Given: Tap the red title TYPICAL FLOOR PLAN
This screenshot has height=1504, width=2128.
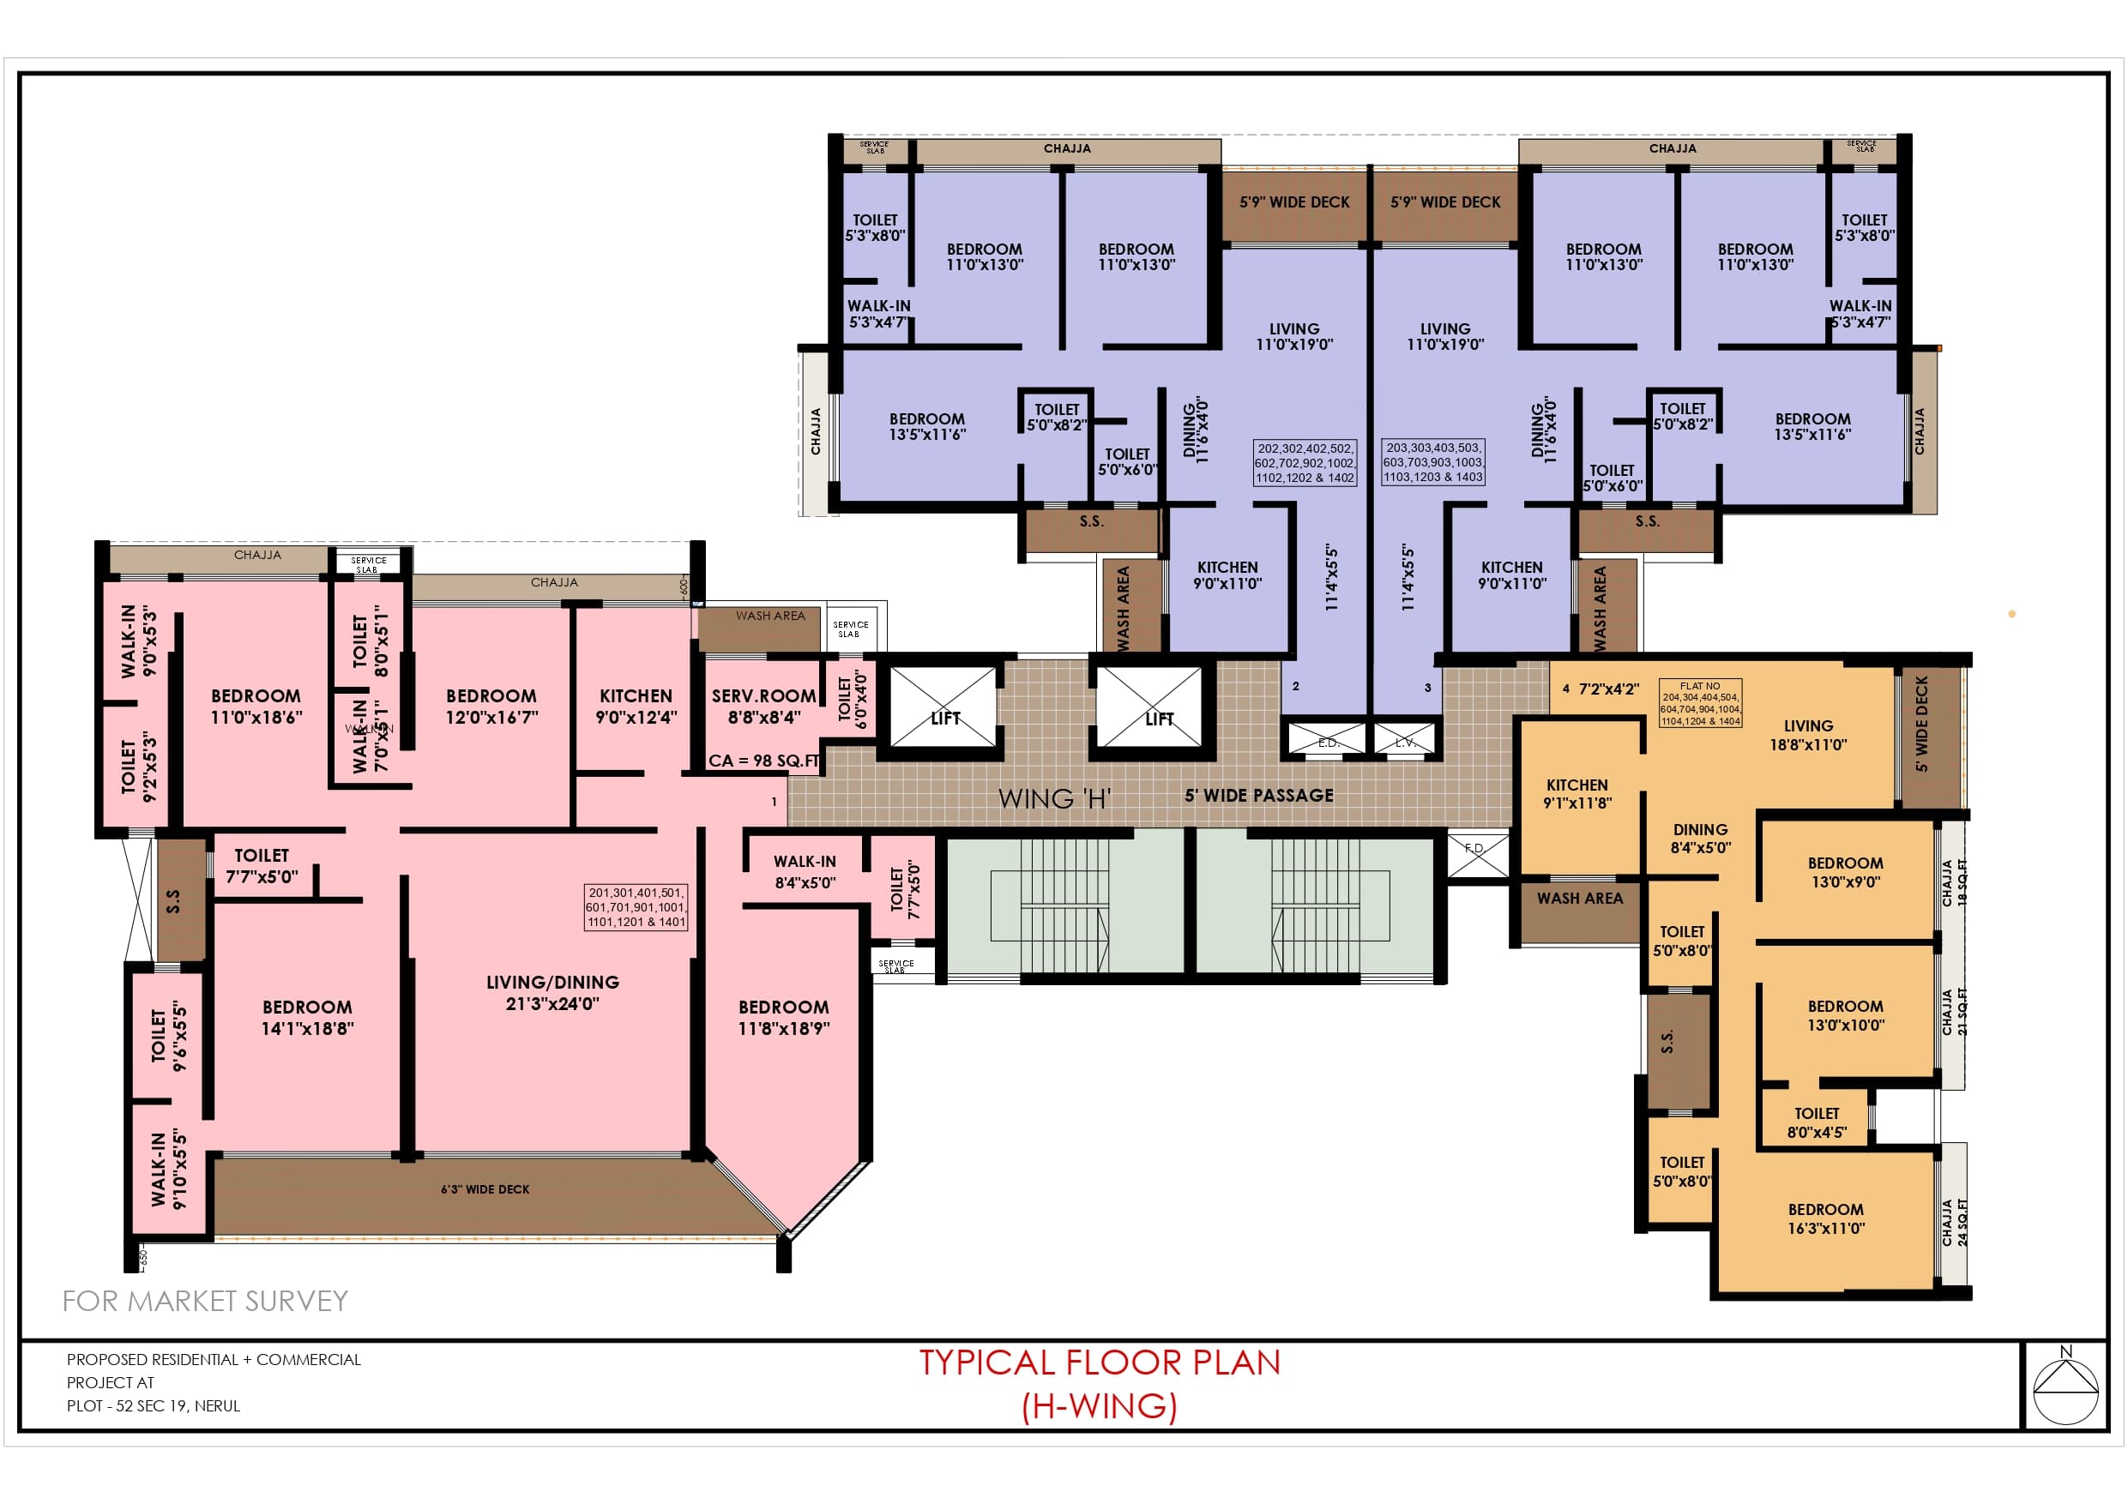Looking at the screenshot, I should coord(1100,1363).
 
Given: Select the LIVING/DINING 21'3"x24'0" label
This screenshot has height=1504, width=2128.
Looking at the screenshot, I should coord(552,992).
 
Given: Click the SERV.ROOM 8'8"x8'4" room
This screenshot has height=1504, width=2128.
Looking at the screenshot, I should coord(763,707).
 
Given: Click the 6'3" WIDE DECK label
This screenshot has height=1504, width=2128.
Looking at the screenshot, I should coord(485,1189).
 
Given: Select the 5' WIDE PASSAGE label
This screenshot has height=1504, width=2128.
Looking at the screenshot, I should coord(1258,796).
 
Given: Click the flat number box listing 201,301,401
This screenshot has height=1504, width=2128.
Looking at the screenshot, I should coord(636,907).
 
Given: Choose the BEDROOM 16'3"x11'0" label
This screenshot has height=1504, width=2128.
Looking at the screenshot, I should coord(1826,1218).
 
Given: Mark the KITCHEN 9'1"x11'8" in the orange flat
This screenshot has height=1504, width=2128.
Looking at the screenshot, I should coord(1576,793).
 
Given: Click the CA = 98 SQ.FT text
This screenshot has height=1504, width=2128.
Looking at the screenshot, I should coord(763,761).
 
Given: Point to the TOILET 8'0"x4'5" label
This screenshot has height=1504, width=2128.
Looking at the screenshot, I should coord(1817,1122).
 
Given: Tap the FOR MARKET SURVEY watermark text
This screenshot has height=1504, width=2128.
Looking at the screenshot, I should coord(205,1301).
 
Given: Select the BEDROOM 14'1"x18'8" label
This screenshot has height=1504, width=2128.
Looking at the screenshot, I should coord(307,1017).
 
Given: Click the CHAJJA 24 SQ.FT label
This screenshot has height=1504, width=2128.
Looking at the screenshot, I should coord(1954,1221).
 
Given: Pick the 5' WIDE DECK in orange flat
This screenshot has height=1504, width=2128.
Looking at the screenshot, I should coord(1922,724).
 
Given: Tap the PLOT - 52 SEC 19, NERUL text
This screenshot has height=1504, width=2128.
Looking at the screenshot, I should coord(153,1405).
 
